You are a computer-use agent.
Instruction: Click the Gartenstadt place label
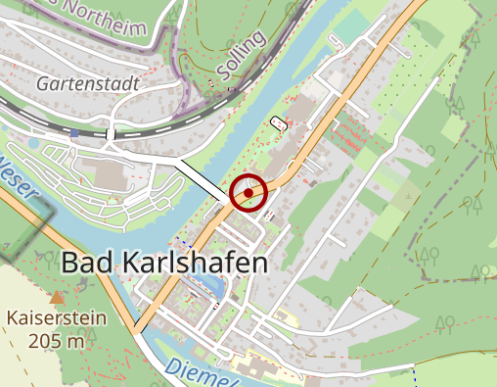(x=86, y=83)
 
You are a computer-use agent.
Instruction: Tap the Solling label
(x=240, y=57)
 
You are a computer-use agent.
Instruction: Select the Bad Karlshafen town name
(x=163, y=263)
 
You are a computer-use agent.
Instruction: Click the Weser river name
(x=20, y=176)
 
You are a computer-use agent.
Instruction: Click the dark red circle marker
(x=249, y=193)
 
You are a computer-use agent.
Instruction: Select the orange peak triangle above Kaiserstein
(x=57, y=296)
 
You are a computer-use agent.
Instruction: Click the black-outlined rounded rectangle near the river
(x=280, y=123)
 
